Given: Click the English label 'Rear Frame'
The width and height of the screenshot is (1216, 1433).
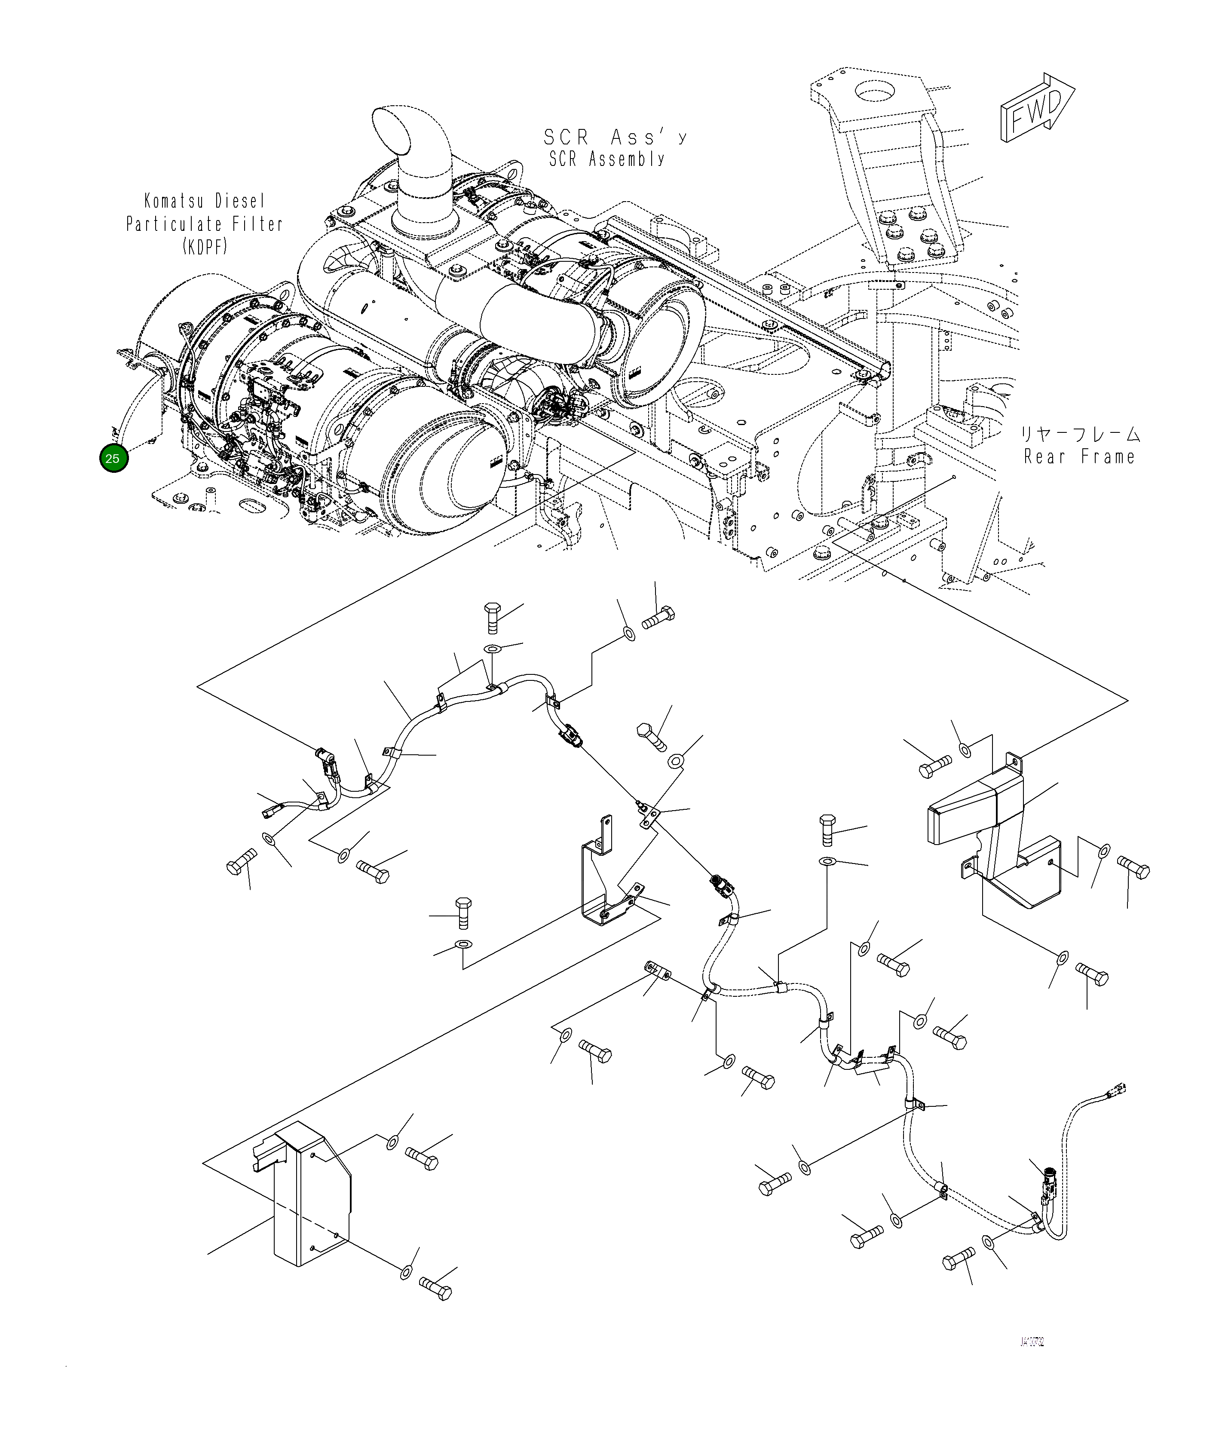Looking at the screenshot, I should pyautogui.click(x=1079, y=456).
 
